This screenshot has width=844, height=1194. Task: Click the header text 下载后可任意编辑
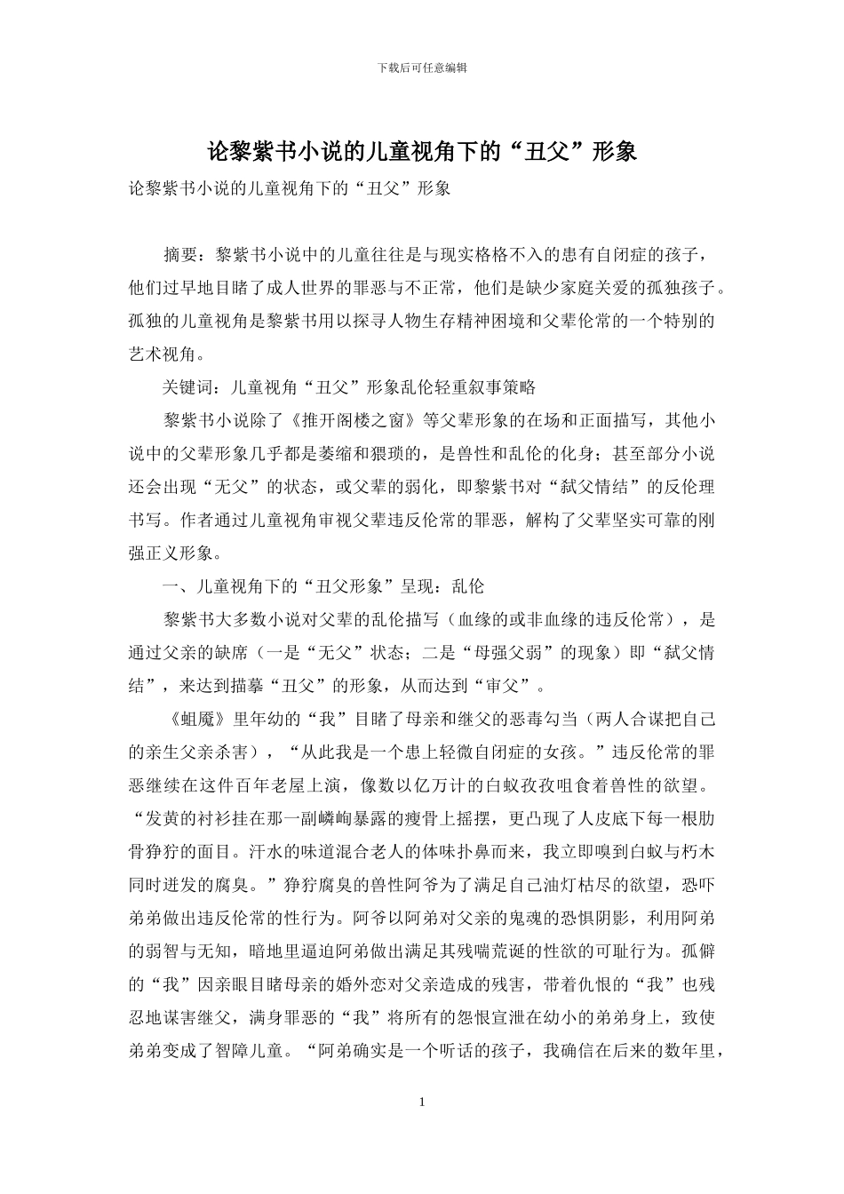[422, 68]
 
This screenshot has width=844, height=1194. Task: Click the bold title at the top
[422, 151]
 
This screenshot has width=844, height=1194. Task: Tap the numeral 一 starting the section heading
[171, 586]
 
